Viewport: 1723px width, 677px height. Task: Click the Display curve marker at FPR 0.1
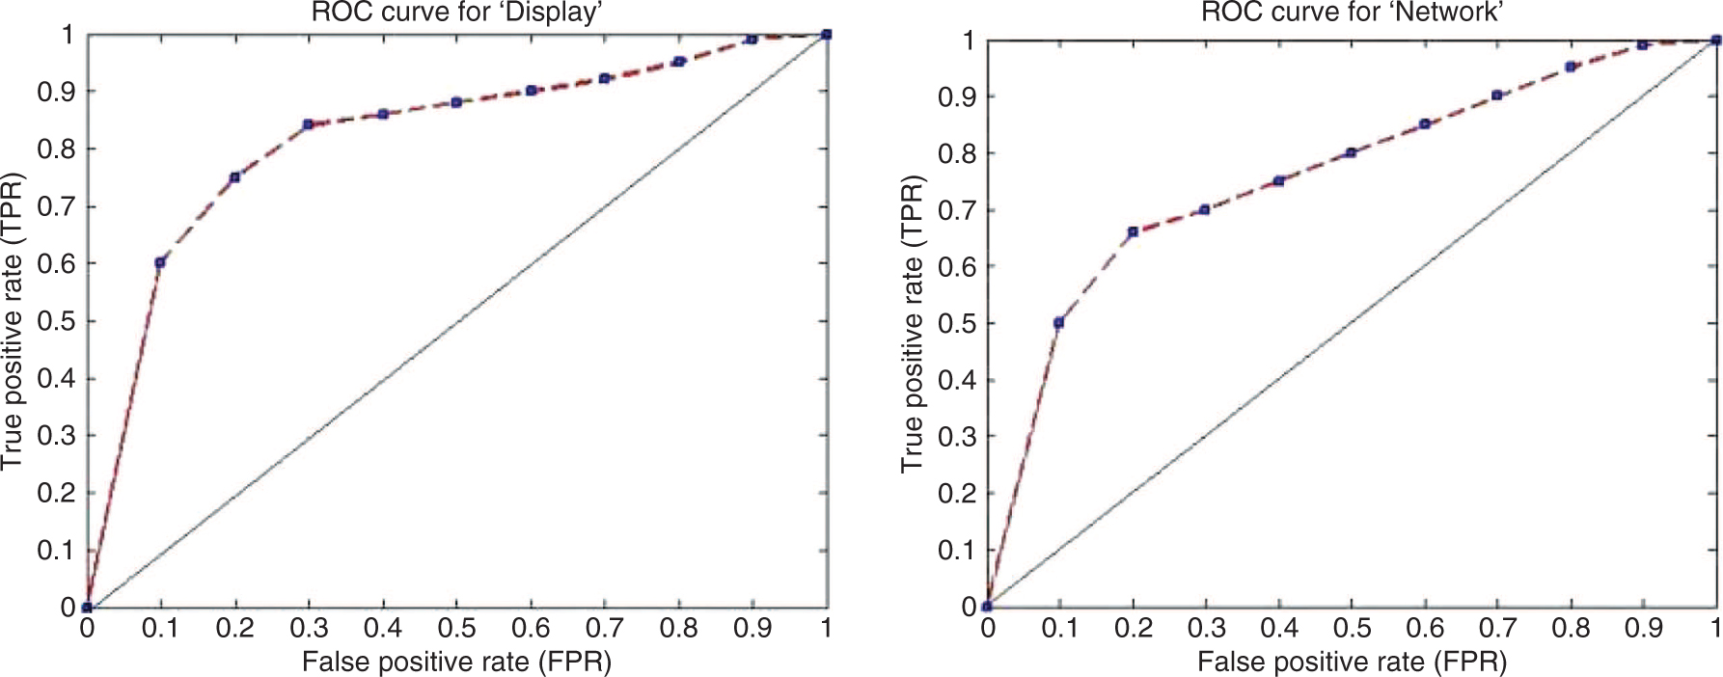(x=160, y=262)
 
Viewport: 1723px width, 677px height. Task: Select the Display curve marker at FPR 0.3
(x=308, y=124)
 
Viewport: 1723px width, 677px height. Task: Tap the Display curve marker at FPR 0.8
(x=679, y=62)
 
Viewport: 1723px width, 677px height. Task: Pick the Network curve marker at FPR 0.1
(x=1059, y=323)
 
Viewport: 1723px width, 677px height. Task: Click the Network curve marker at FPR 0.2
(x=1133, y=231)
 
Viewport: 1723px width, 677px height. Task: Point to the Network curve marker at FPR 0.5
(x=1352, y=152)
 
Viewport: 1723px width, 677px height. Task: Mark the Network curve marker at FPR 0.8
(x=1571, y=67)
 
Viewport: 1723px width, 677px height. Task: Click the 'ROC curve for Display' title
(x=457, y=13)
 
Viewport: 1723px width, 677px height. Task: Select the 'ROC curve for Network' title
(x=1353, y=13)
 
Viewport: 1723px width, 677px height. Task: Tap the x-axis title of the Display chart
(x=457, y=663)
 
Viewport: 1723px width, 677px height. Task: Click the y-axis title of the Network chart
(x=912, y=324)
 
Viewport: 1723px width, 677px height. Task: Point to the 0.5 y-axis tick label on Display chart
(x=55, y=321)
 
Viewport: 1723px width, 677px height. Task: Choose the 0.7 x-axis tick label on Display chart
(x=605, y=629)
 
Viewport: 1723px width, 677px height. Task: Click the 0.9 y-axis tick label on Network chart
(x=956, y=97)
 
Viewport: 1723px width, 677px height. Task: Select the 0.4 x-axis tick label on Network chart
(x=1279, y=629)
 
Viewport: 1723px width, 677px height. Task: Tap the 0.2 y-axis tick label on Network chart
(x=956, y=494)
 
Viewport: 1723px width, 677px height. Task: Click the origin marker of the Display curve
(x=87, y=608)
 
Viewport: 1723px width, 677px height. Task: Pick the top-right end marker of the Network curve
(x=1716, y=41)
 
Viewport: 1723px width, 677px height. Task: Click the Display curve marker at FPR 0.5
(x=456, y=102)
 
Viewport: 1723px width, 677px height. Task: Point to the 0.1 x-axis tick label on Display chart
(x=160, y=629)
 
